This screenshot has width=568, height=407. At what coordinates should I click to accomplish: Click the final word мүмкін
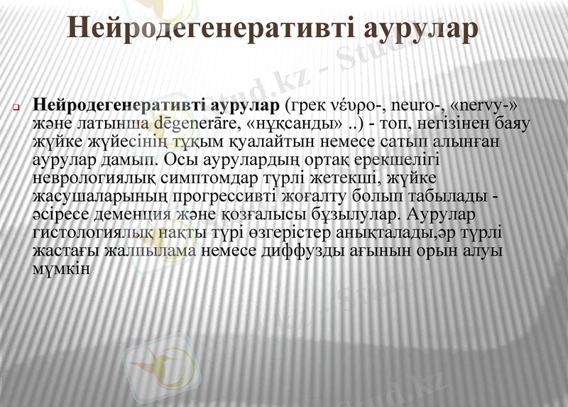point(60,268)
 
